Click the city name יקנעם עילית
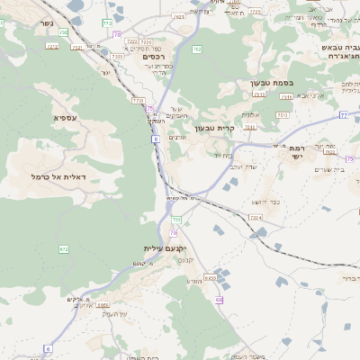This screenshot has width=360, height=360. point(164,247)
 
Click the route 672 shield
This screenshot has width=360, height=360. point(63,248)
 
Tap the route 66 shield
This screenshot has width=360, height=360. point(219,299)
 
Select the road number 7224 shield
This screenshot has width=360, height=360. point(255,218)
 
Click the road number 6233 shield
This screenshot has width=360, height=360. point(210,278)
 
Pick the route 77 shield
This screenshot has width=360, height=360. point(344,115)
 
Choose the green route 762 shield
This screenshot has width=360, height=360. point(196,49)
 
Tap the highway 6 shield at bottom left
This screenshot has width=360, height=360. point(48,347)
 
